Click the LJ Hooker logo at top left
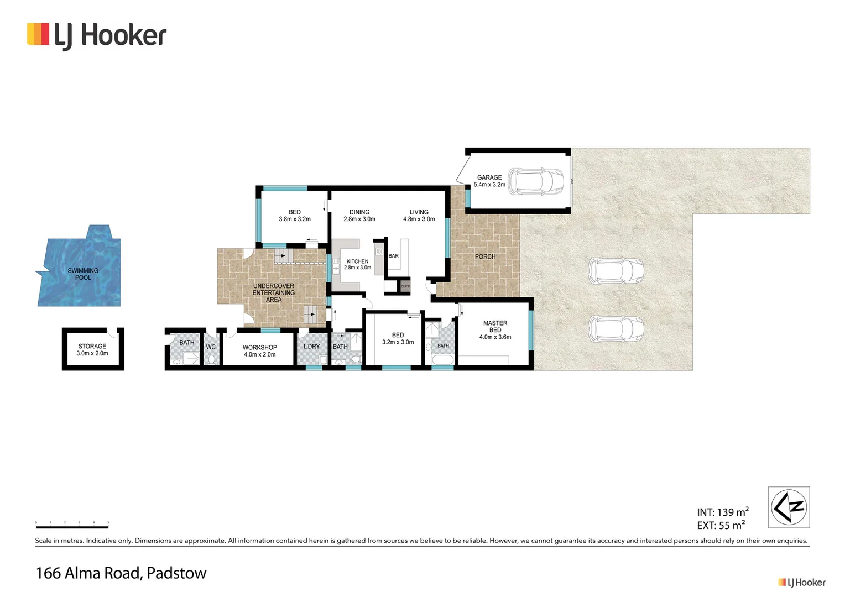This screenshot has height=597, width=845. (x=97, y=35)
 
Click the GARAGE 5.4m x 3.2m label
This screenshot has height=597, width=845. (x=489, y=181)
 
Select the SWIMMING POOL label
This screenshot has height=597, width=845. (x=83, y=274)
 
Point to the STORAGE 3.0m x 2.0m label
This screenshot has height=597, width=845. (x=92, y=350)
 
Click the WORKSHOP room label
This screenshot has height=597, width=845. (x=259, y=351)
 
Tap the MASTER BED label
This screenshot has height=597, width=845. (x=495, y=330)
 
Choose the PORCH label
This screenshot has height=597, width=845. (x=485, y=256)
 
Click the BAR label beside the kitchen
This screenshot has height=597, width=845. (x=393, y=256)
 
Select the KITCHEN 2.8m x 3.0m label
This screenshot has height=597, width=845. (x=357, y=264)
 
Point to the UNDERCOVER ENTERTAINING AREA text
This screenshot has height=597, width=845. (x=274, y=293)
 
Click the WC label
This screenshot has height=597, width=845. (x=211, y=347)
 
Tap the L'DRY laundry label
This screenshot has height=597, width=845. (x=311, y=347)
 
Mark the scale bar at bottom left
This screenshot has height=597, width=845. (x=72, y=525)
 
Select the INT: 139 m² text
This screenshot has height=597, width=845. (x=722, y=512)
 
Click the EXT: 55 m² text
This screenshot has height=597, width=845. (x=720, y=525)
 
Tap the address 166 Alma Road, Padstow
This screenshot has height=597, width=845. (x=121, y=573)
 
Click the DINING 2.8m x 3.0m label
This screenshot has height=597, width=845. (x=359, y=216)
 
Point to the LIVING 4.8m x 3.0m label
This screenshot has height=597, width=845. (x=419, y=216)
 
